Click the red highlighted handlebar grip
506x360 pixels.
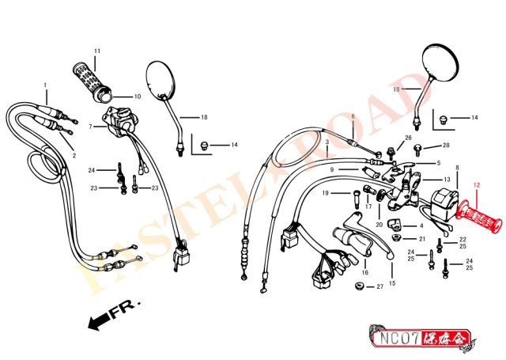pyautogui.click(x=480, y=217)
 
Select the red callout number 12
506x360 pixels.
pyautogui.click(x=477, y=185)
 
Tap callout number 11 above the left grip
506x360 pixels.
pyautogui.click(x=97, y=51)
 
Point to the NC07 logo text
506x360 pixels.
pyautogui.click(x=399, y=339)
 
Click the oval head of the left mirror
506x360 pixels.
pyautogui.click(x=160, y=79)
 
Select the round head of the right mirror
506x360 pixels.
pyautogui.click(x=440, y=63)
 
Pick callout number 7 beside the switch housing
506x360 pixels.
pyautogui.click(x=90, y=127)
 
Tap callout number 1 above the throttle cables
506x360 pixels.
pyautogui.click(x=45, y=85)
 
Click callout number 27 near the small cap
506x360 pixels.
pyautogui.click(x=379, y=286)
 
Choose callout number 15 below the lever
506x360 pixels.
pyautogui.click(x=392, y=283)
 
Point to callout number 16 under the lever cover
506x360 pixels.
pyautogui.click(x=365, y=272)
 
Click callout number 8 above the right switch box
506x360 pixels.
pyautogui.click(x=457, y=168)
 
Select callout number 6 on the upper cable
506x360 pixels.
pyautogui.click(x=353, y=116)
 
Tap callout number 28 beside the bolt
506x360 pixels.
pyautogui.click(x=446, y=146)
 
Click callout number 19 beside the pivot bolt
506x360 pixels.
pyautogui.click(x=325, y=193)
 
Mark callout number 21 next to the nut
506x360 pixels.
pyautogui.click(x=422, y=239)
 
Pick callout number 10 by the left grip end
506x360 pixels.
pyautogui.click(x=138, y=97)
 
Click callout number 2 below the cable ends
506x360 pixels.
pyautogui.click(x=74, y=156)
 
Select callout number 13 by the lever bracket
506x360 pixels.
pyautogui.click(x=447, y=179)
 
